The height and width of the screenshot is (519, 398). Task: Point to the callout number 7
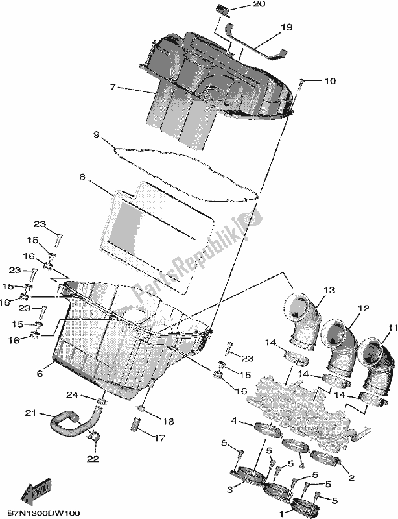click(113, 86)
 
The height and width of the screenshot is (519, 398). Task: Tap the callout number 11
click(390, 328)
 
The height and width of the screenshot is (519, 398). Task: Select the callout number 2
click(351, 478)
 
